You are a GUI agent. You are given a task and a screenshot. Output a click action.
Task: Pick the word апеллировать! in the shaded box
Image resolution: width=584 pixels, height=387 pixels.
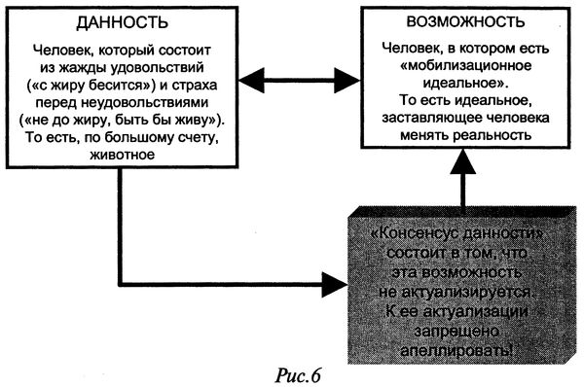445,346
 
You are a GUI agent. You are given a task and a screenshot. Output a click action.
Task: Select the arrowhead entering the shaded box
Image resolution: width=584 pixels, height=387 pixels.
333,287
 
